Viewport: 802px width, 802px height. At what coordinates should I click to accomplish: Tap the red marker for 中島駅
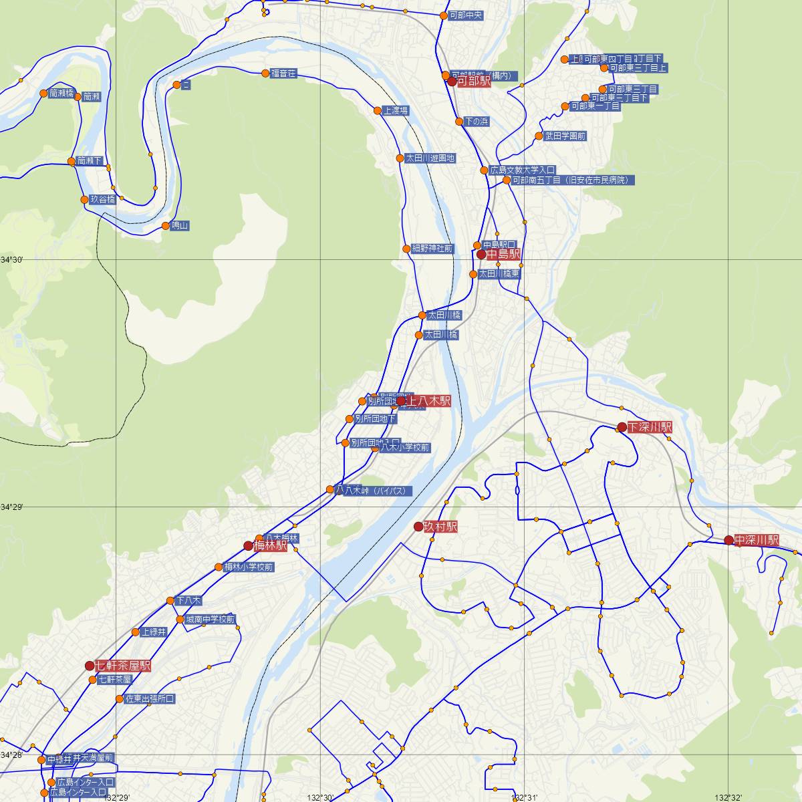tap(481, 255)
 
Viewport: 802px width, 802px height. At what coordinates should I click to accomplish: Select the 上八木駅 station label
tap(428, 401)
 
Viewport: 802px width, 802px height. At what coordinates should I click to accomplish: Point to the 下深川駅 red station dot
tap(622, 427)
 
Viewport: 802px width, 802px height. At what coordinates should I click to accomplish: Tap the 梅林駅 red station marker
tap(248, 545)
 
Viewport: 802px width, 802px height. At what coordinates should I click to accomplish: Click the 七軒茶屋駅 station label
tap(123, 666)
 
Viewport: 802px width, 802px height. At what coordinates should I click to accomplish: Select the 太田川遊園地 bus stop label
tap(430, 158)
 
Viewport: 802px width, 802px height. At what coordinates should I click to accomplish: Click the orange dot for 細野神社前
tap(406, 249)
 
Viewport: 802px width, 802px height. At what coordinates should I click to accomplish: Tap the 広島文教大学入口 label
tap(522, 170)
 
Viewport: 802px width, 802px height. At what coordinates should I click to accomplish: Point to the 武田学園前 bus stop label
tap(565, 136)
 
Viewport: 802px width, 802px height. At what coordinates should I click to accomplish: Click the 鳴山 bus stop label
tap(180, 226)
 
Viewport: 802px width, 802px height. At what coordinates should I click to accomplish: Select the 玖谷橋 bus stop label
tap(103, 199)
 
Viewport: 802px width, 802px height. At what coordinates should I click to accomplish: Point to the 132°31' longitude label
tap(525, 797)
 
